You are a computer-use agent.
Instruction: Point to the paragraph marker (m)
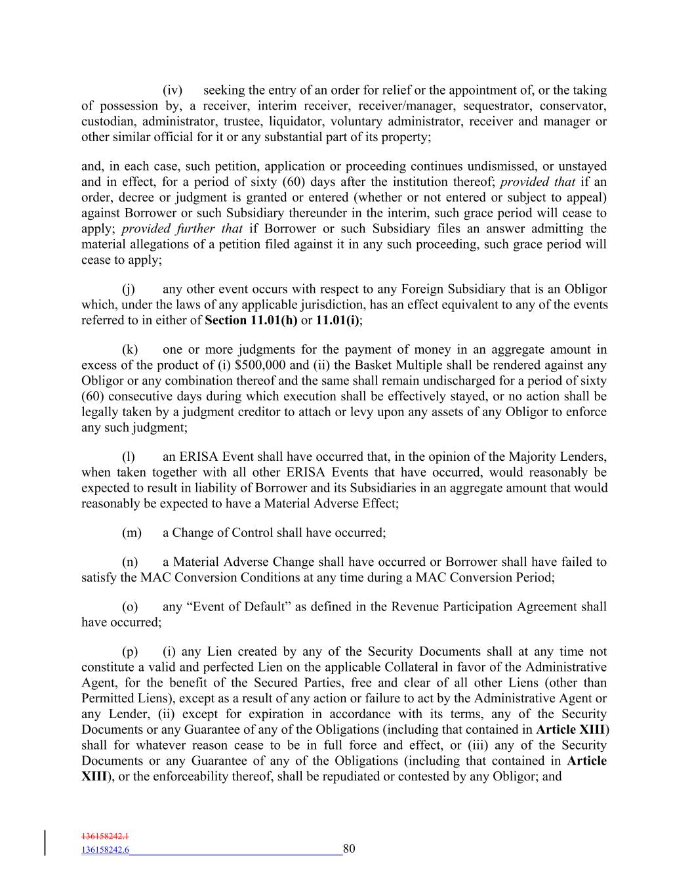[131, 533]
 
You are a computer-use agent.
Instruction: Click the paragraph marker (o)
[130, 607]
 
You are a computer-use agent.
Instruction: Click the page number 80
[349, 849]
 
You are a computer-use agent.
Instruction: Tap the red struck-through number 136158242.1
[105, 837]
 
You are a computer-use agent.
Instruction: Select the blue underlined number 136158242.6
[105, 850]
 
